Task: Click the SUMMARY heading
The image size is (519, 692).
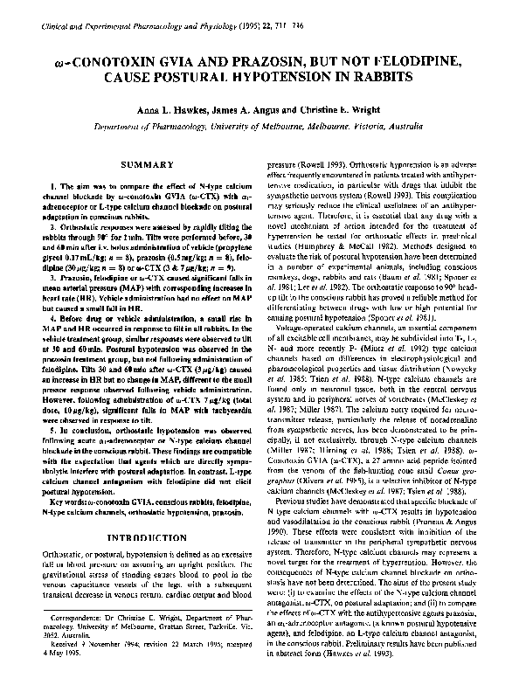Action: (146, 165)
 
